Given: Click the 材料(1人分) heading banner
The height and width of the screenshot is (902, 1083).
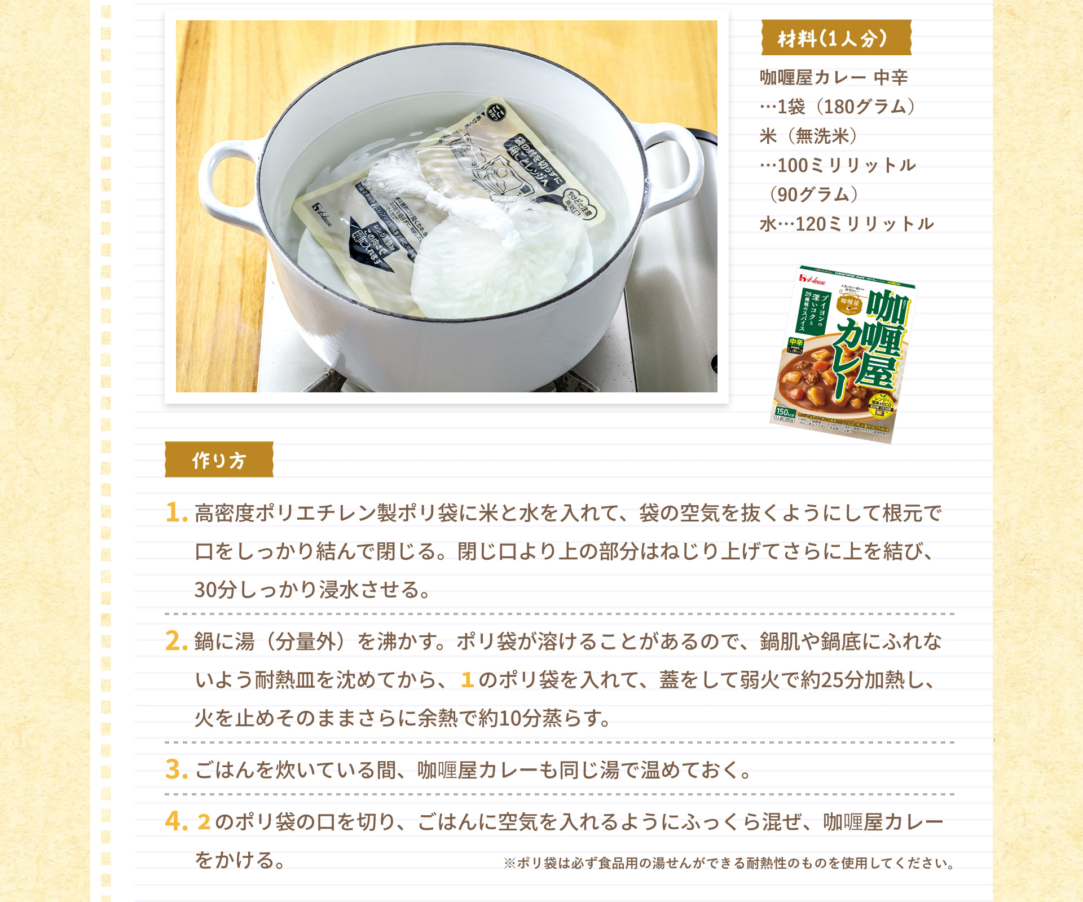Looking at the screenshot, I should pos(835,38).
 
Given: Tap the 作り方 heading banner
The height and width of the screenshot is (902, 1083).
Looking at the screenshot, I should pos(219,460).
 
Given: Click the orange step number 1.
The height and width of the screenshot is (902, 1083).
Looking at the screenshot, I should pos(176,512).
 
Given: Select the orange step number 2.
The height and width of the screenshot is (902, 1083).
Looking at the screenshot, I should pos(176,641).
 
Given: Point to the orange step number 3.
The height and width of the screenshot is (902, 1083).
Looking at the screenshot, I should pos(176,770).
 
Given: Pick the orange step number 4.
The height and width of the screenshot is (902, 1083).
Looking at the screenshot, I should pos(176,821).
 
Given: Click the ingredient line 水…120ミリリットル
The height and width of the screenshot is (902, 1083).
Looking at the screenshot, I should pos(846,224).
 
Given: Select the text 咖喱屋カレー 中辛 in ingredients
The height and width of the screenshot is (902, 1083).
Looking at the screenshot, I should pos(833,77).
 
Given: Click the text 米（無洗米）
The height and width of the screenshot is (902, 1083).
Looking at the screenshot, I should pos(808,136).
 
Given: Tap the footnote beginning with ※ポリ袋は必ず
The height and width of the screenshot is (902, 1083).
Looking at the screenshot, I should pos(728,863).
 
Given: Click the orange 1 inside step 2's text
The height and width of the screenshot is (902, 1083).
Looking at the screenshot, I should pos(466,680).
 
